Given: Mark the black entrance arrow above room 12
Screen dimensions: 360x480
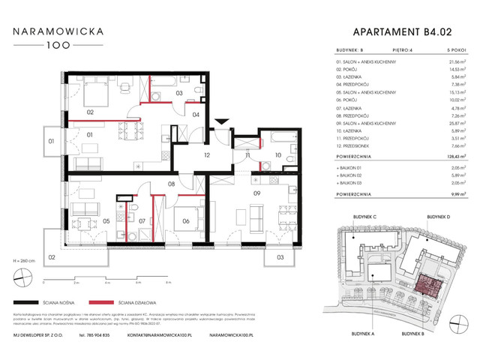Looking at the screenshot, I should [x=220, y=121].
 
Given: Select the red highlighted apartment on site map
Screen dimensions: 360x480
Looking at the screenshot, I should [x=430, y=286].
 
